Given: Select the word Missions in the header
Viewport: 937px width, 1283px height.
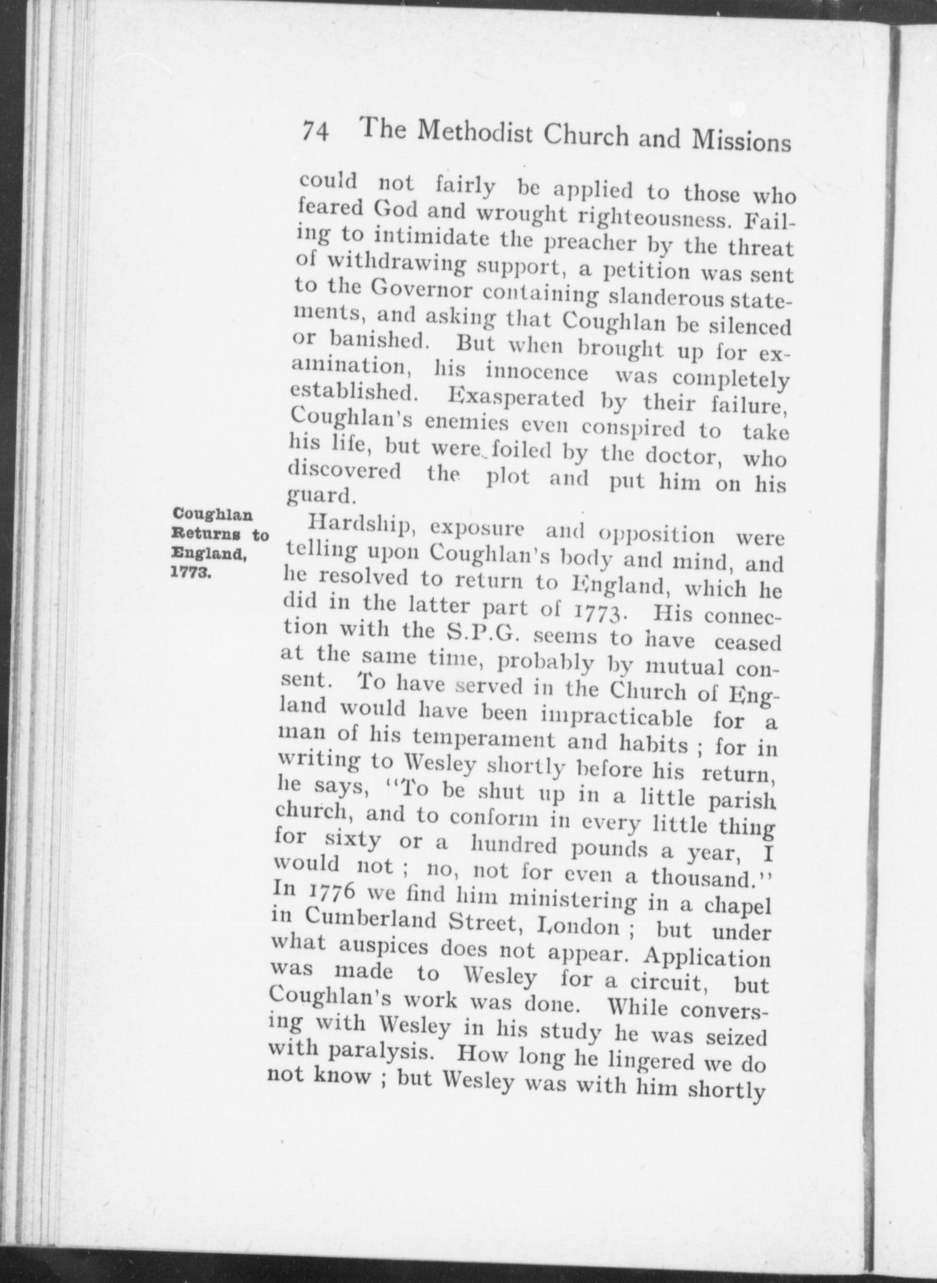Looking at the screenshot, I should [741, 143].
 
